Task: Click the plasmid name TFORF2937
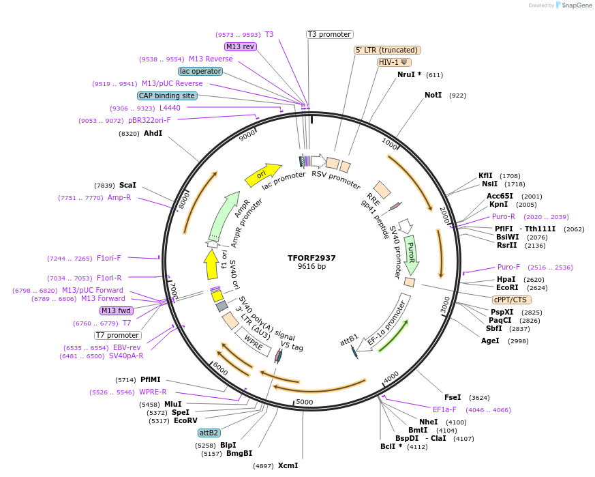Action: click(x=311, y=258)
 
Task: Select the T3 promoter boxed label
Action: click(x=330, y=34)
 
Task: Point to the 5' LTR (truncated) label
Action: click(x=387, y=50)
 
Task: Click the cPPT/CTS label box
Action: click(x=511, y=300)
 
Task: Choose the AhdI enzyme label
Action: click(x=153, y=134)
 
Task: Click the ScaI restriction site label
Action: click(x=127, y=185)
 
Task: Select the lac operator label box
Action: click(x=200, y=71)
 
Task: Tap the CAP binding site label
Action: click(x=167, y=96)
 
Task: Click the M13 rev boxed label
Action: click(x=240, y=46)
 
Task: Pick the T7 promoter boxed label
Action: click(x=118, y=335)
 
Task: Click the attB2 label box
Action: click(x=209, y=433)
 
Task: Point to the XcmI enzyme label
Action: click(x=288, y=465)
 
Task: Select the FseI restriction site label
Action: click(x=453, y=397)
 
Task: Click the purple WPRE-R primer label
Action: click(x=153, y=392)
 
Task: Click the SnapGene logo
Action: click(x=567, y=5)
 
